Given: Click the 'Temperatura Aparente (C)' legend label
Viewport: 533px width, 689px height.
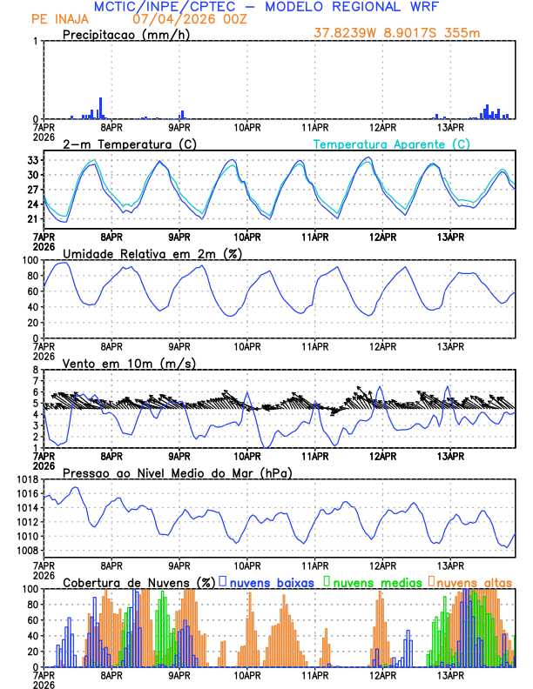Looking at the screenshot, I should (391, 144).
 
